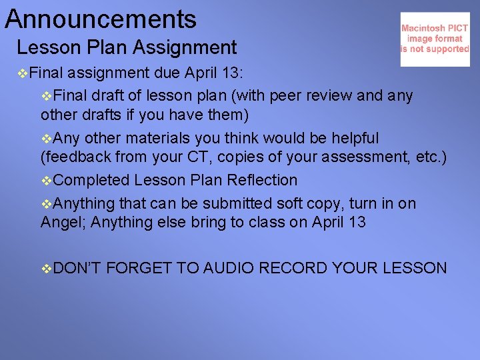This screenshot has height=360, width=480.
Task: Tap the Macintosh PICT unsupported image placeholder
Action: point(435,39)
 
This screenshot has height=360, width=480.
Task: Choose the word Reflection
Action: point(265,181)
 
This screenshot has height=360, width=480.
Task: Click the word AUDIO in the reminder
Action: point(229,269)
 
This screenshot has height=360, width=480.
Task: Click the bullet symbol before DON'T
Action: point(46,269)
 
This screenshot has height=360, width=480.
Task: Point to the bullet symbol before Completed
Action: point(46,181)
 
